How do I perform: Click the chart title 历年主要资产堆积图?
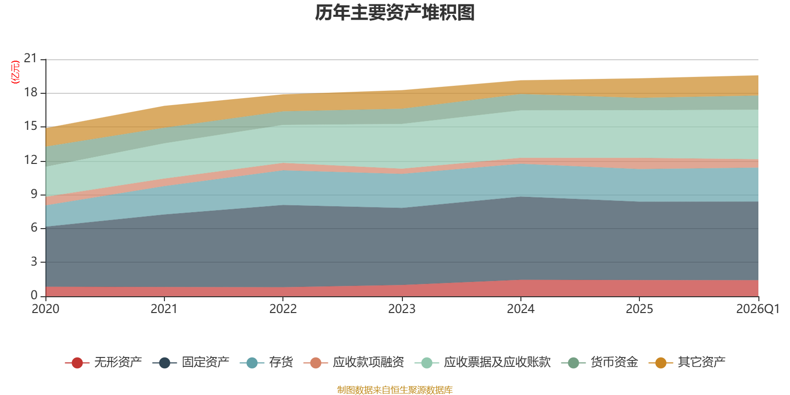(x=395, y=13)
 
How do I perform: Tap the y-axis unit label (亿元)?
(x=15, y=72)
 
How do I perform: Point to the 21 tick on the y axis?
(x=30, y=58)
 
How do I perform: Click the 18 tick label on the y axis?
(x=30, y=92)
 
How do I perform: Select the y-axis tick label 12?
(x=30, y=160)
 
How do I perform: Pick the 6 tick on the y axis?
(x=34, y=228)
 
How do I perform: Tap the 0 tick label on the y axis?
(x=34, y=295)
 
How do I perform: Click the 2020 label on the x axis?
(x=45, y=309)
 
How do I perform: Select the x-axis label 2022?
(x=283, y=309)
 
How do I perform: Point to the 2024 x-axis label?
(x=520, y=309)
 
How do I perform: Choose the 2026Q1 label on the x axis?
(x=757, y=309)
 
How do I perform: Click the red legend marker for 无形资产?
(x=77, y=362)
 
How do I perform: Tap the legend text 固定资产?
(x=205, y=362)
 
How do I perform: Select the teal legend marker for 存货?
(x=252, y=362)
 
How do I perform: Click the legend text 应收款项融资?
(x=368, y=362)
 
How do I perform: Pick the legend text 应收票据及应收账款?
(x=497, y=362)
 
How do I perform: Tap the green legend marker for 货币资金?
(x=573, y=362)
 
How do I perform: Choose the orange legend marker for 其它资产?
(x=661, y=362)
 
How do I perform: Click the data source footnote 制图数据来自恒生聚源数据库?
(x=395, y=390)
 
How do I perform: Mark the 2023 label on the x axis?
(x=402, y=309)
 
